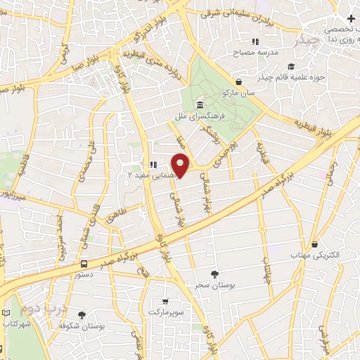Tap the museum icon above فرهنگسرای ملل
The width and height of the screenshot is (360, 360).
point(200,105)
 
